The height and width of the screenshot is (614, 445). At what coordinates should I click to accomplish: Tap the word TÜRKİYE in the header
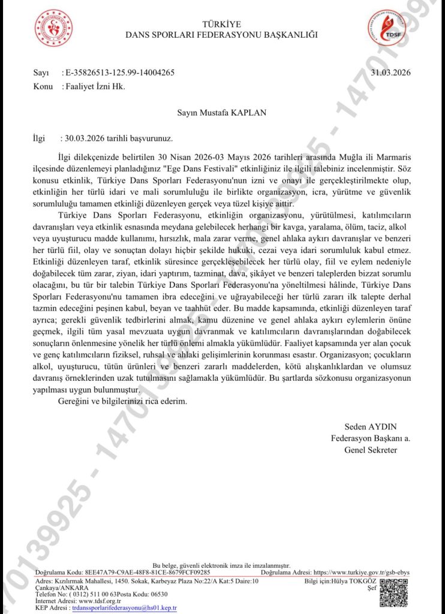pos(221,24)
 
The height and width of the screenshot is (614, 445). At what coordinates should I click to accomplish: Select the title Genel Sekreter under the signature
pos(371,450)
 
